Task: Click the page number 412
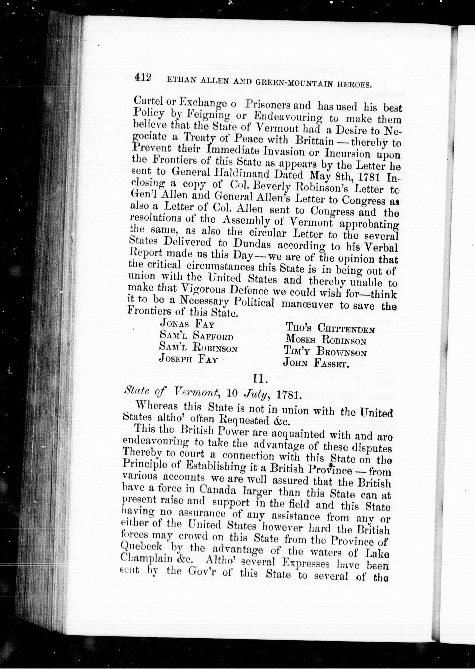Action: click(143, 77)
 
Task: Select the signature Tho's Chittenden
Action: click(330, 328)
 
